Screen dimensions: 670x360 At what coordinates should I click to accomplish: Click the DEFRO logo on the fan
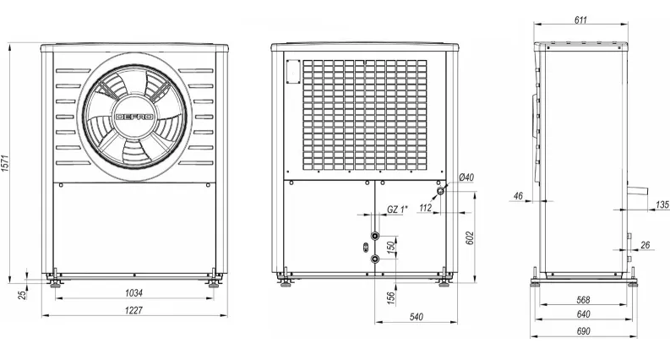134,117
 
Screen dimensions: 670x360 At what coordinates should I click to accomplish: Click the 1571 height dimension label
5,163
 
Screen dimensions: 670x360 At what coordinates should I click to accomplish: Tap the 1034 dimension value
133,293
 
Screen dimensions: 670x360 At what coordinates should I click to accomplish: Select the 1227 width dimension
133,310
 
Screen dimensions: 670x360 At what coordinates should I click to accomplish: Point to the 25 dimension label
24,294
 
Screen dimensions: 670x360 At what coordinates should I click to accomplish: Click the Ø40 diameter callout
466,177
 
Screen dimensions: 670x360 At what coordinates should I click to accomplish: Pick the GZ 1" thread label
397,209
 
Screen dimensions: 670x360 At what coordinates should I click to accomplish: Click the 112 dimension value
426,208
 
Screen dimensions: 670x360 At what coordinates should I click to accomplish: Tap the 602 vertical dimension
469,238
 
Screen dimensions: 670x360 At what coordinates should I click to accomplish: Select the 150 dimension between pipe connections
390,248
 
